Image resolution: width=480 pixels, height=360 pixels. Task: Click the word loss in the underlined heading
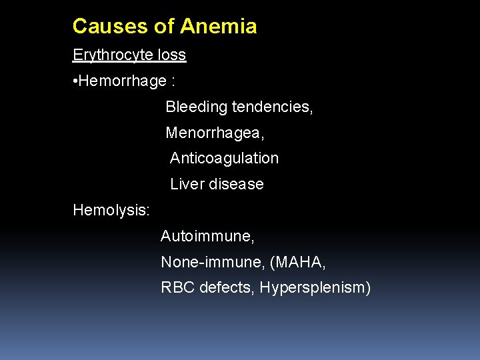pyautogui.click(x=172, y=55)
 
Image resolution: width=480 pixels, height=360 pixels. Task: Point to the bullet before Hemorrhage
pyautogui.click(x=75, y=81)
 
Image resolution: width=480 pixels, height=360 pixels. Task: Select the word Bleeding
pyautogui.click(x=193, y=107)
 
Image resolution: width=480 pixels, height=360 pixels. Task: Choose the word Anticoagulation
pyautogui.click(x=224, y=158)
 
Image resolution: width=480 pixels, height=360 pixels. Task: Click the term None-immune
pyautogui.click(x=213, y=263)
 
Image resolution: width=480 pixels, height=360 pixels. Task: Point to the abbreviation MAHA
pyautogui.click(x=298, y=263)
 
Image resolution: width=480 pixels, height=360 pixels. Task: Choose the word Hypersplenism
pyautogui.click(x=315, y=288)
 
